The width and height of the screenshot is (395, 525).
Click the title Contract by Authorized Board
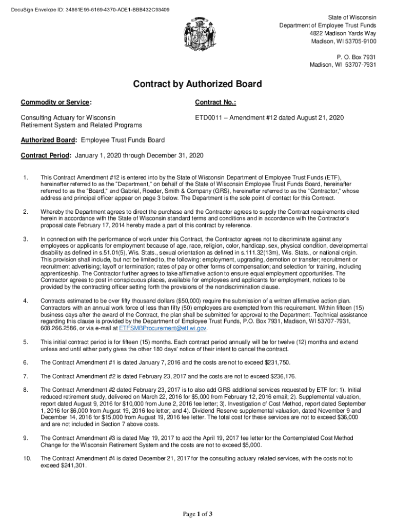[197, 84]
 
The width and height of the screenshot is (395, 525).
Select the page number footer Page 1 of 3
[197, 514]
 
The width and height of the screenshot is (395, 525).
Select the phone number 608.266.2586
[56, 328]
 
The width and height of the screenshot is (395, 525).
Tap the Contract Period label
[47, 155]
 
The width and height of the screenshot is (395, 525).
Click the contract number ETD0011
[210, 118]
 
